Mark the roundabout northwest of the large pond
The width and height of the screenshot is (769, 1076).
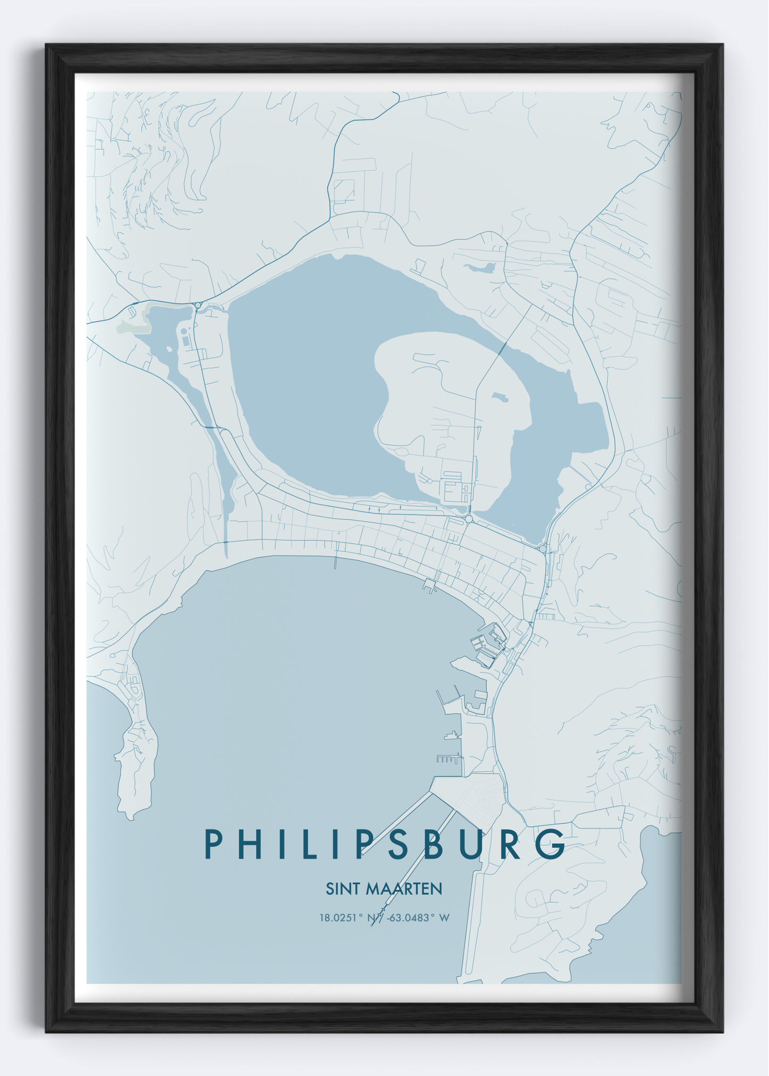pyautogui.click(x=198, y=305)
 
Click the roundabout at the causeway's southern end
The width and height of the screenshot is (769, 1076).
pyautogui.click(x=469, y=519)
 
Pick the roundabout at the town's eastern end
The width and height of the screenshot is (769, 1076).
pyautogui.click(x=542, y=548)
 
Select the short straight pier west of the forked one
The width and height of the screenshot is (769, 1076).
pyautogui.click(x=336, y=562)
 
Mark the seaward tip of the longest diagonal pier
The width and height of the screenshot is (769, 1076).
pyautogui.click(x=373, y=925)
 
